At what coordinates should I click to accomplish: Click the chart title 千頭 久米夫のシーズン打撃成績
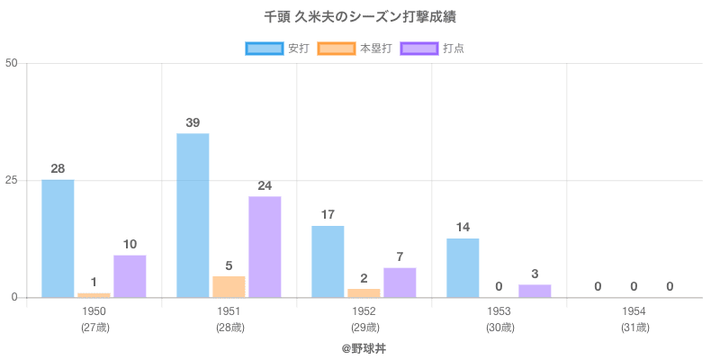coord(360,17)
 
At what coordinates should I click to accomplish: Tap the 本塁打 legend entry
coord(355,48)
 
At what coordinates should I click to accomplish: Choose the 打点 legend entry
coord(432,48)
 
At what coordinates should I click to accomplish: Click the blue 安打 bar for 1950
coord(58,238)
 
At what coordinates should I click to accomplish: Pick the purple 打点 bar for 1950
coord(130,276)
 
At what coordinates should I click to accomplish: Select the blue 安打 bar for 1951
coord(193,215)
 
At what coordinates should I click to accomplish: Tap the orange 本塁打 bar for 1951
coord(229,286)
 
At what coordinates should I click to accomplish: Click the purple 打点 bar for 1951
coord(265,247)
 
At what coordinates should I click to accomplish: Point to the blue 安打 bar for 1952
coord(328,261)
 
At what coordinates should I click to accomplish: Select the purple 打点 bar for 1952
coord(400,283)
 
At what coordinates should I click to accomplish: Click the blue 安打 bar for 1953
coord(463,267)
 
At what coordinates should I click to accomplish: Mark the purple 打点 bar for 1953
coord(535,291)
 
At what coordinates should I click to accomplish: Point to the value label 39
coord(193,122)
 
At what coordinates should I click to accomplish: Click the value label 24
coord(265,185)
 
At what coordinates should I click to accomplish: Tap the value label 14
coord(463,227)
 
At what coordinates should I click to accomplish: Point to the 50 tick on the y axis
coord(12,63)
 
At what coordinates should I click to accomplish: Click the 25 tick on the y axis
coord(12,180)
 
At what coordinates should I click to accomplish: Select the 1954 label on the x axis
coord(634,311)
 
